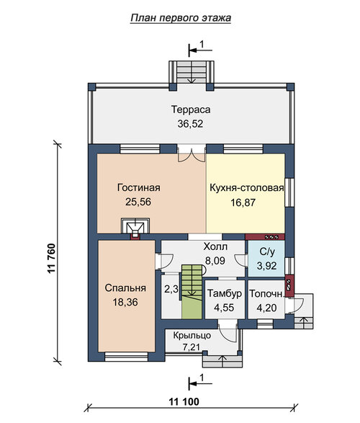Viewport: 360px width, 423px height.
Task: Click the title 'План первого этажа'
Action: coord(181,18)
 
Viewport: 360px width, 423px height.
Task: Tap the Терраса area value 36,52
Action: coord(190,123)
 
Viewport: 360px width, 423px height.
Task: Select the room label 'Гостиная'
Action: coord(139,187)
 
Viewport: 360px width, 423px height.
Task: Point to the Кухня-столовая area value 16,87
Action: coord(243,202)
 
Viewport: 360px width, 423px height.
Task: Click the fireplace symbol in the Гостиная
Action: coord(135,226)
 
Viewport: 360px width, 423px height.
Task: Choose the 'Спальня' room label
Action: coord(125,288)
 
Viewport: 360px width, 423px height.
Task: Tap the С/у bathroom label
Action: coord(267,251)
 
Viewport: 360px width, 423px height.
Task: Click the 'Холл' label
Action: coord(215,246)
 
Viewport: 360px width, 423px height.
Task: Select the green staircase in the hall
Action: coord(192,291)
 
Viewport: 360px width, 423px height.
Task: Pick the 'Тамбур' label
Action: coord(225,293)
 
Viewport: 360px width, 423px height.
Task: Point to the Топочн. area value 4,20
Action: coord(266,308)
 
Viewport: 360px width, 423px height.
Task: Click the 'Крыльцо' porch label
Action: coord(192,335)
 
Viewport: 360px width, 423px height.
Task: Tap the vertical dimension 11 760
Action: coord(51,259)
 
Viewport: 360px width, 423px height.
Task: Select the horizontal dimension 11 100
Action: coord(184,401)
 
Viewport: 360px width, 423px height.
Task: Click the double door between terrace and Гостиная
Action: coord(192,153)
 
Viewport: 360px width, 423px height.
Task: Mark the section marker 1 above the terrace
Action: coord(200,49)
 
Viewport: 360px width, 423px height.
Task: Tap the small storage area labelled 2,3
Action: coord(171,290)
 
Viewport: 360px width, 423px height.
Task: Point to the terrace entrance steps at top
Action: coord(192,72)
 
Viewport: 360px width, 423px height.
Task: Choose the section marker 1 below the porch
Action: coord(200,382)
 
